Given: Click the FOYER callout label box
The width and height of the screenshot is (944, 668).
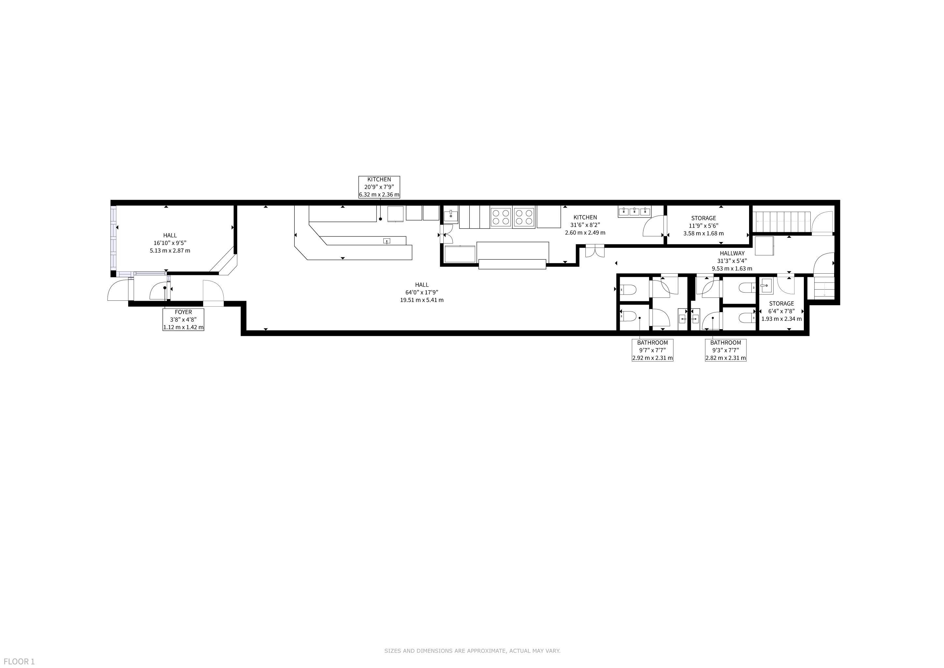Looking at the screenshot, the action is pos(184,320).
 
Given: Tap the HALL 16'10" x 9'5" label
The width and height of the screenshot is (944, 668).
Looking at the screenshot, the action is pos(170,243).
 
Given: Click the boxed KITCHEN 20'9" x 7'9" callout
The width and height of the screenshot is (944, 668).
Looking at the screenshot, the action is pos(379,187).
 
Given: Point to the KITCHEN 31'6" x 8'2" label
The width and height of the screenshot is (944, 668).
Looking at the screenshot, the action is pos(585,225).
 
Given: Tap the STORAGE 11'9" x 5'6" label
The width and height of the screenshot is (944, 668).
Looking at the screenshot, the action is pos(703,226).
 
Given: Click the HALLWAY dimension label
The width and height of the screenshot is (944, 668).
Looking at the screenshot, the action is pos(732,261).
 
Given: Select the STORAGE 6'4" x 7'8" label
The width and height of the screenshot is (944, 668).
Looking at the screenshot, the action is pos(782,311).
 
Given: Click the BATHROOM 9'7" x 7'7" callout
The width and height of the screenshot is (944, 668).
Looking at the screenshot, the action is pos(653,350).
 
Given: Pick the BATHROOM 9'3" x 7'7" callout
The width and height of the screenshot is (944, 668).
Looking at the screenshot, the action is pos(726,350).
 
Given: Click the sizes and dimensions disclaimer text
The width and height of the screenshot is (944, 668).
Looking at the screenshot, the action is pos(472,651).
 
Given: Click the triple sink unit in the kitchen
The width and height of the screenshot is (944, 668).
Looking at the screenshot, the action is pos(634,211).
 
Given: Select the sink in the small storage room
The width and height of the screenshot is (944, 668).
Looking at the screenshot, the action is pos(766,285).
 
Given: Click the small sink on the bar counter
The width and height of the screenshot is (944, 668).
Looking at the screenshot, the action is pos(387,241).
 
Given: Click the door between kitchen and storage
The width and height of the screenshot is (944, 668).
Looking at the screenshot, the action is pos(654,227).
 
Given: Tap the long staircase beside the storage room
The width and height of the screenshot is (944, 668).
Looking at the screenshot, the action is pos(781,222).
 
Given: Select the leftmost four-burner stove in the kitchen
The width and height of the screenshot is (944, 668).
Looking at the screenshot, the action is pos(501,217).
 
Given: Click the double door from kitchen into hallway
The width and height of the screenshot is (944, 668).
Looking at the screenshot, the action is pos(595,251).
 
